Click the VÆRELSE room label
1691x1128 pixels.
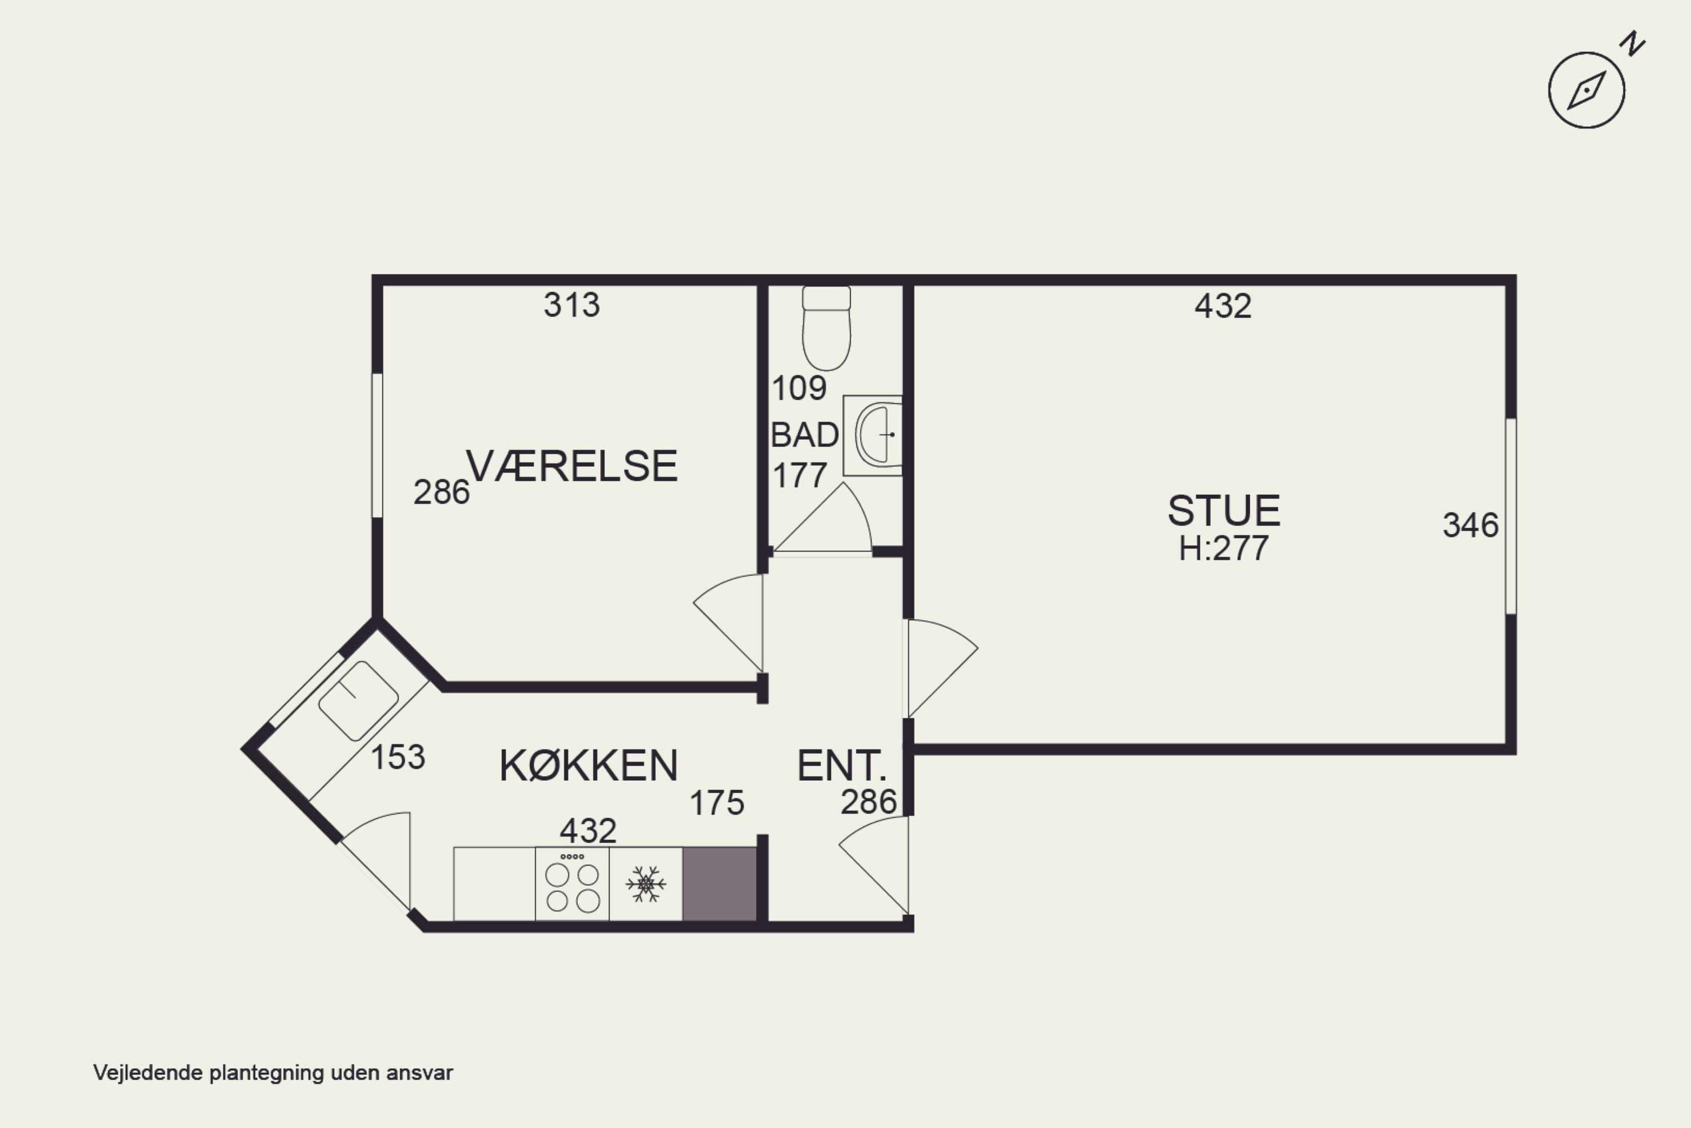point(572,466)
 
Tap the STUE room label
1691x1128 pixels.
point(1224,511)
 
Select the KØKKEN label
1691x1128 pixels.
point(588,766)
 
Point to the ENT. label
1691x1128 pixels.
point(841,766)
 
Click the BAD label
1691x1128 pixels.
point(804,435)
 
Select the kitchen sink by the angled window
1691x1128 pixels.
point(358,701)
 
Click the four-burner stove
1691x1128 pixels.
point(572,884)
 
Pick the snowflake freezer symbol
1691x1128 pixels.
point(645,884)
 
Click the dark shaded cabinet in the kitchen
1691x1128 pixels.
point(719,884)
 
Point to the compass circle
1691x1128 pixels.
point(1586,91)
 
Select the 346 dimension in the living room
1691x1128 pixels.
point(1470,525)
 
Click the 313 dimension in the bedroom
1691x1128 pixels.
point(571,305)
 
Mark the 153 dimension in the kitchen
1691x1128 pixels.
point(398,757)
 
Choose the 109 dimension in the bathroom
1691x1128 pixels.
point(798,388)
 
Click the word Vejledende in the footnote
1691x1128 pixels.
point(148,1073)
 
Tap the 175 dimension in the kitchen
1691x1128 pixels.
point(716,803)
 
